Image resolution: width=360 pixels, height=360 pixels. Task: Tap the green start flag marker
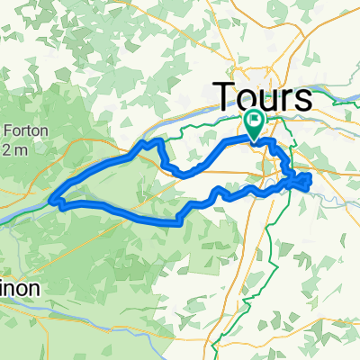click(255, 125)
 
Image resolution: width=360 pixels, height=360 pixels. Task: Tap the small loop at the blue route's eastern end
click(301, 183)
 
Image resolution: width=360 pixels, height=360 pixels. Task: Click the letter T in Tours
click(223, 97)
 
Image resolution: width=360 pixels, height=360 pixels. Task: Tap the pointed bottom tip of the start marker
click(255, 139)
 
